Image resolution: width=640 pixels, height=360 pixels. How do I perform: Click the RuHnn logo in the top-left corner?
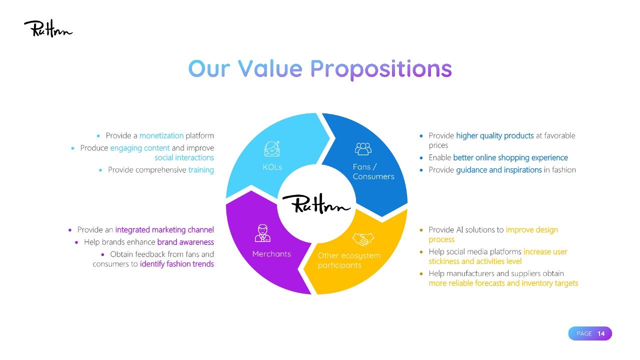[x=48, y=28]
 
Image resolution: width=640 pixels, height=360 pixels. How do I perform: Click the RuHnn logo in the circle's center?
[x=316, y=203]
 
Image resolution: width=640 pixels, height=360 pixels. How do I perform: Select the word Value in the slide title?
[x=270, y=69]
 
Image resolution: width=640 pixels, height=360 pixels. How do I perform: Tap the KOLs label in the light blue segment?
[x=272, y=167]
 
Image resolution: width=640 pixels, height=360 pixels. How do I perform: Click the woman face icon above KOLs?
[x=272, y=148]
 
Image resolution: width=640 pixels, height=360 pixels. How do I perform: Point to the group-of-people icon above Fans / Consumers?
[x=363, y=148]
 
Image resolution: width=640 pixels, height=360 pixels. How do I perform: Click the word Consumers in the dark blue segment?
[x=373, y=176]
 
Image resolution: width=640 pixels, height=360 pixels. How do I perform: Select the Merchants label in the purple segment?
[x=271, y=254]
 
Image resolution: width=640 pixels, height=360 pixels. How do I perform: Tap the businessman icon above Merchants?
[x=262, y=233]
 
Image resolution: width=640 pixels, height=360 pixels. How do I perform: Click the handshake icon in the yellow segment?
[x=363, y=239]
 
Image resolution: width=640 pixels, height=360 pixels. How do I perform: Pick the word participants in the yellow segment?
[x=339, y=265]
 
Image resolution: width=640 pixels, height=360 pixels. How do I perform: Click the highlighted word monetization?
[x=161, y=135]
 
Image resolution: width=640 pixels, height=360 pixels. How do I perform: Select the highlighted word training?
[x=201, y=170]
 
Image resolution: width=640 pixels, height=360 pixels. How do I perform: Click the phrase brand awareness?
[x=185, y=242]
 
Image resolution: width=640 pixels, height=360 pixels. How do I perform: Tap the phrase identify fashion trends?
[x=177, y=264]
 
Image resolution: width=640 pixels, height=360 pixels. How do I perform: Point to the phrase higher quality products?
[x=495, y=135]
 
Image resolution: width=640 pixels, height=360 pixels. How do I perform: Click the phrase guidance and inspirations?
[x=499, y=170]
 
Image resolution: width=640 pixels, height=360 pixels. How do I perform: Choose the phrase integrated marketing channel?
[x=164, y=230]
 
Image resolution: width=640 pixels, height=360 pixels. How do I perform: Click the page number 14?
[x=601, y=333]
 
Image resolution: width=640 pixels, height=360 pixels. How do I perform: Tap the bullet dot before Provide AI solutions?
[x=421, y=230]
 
